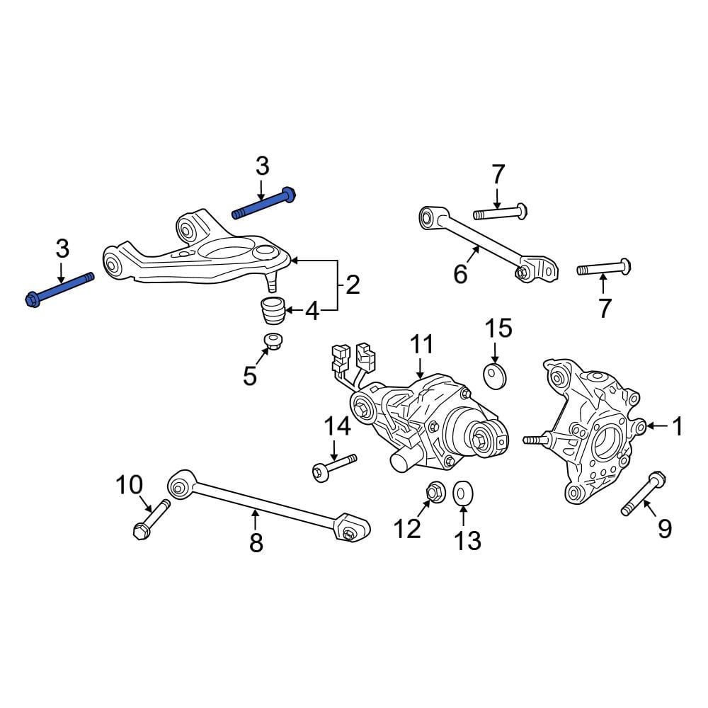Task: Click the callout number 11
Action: [421, 344]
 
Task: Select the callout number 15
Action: [498, 329]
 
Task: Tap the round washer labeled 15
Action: [496, 376]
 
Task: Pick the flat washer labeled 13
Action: [463, 493]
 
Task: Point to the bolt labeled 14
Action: [334, 468]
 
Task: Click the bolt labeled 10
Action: [152, 519]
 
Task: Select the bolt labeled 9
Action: [644, 493]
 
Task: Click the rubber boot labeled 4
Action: [273, 310]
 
